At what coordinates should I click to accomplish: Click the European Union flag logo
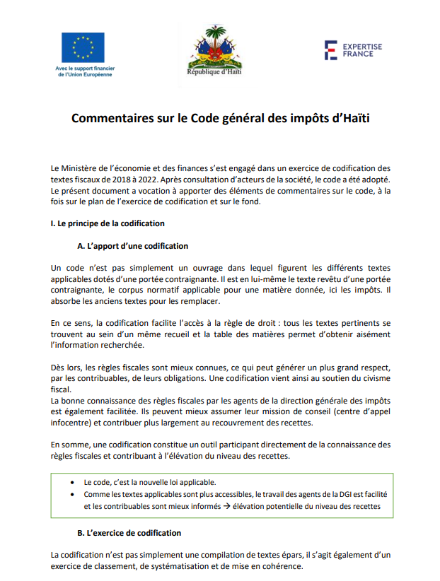click(x=83, y=47)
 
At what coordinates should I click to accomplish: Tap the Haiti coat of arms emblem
click(x=214, y=47)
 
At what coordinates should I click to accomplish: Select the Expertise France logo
click(x=352, y=50)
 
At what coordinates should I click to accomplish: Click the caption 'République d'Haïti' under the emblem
click(x=214, y=72)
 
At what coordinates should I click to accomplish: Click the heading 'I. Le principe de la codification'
click(x=108, y=223)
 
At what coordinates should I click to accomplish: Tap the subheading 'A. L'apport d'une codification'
click(x=132, y=246)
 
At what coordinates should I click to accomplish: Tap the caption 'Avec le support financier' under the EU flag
click(x=84, y=69)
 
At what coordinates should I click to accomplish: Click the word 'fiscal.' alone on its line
click(x=61, y=389)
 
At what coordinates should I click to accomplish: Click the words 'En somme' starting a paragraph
click(x=70, y=445)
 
